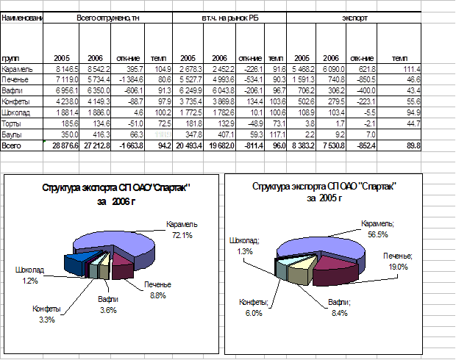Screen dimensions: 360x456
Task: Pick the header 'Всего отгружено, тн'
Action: coord(107,16)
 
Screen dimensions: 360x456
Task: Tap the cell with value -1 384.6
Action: coord(127,79)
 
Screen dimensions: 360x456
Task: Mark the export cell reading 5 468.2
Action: coord(302,68)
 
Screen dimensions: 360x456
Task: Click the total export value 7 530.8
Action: coord(328,146)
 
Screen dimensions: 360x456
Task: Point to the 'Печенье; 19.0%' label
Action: coord(398,261)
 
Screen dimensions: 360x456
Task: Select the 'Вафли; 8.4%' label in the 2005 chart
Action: coord(339,306)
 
